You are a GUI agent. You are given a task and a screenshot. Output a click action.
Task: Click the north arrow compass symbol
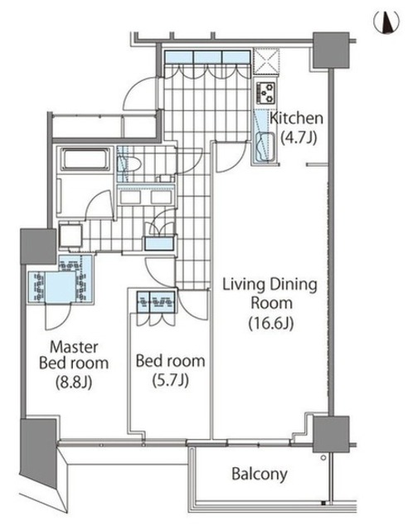[386, 22]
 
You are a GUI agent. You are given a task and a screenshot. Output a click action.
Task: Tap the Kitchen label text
[296, 118]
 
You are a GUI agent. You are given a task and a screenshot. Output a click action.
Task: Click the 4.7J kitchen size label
[299, 138]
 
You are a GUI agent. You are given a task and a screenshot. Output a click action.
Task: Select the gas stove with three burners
[266, 92]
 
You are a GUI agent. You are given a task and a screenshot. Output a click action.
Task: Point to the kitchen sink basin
[266, 147]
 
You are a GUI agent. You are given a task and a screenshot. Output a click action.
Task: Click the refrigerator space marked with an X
[266, 61]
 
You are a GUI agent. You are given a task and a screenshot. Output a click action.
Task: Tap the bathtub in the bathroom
[85, 158]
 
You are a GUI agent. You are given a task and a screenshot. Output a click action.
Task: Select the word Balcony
[260, 475]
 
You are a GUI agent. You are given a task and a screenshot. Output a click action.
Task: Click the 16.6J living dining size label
[271, 324]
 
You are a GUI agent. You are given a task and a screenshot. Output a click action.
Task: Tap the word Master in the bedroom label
[74, 347]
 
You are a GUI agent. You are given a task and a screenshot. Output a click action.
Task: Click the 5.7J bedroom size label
[170, 381]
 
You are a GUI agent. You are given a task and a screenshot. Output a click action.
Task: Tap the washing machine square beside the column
[70, 236]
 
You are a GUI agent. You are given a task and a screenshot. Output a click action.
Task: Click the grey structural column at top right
[331, 50]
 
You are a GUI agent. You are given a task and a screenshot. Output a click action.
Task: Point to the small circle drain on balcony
[323, 458]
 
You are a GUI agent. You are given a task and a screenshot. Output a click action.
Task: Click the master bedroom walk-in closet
[61, 285]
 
